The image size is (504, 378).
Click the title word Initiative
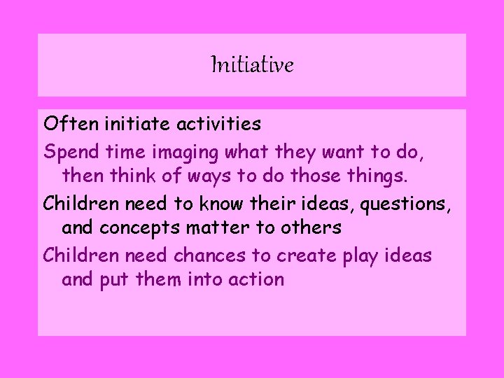[x=252, y=66]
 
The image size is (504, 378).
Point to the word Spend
[x=69, y=150]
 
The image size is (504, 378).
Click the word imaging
[x=187, y=151]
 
